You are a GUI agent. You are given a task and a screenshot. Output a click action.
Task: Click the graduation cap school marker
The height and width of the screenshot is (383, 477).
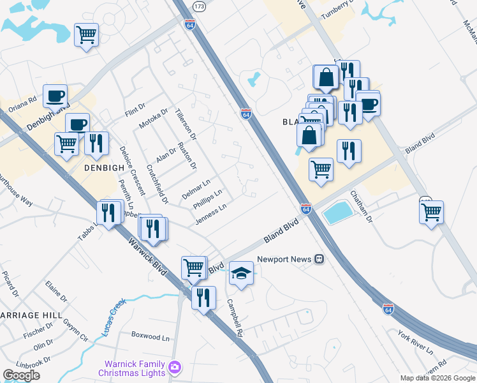(241, 273)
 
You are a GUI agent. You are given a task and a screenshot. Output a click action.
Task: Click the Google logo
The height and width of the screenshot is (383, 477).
(21, 375)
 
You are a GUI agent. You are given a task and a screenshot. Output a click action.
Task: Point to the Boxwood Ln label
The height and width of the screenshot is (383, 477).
(152, 335)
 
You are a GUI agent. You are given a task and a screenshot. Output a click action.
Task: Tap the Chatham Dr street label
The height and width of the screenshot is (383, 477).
(360, 207)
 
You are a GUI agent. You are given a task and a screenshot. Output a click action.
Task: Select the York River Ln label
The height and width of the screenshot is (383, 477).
(415, 343)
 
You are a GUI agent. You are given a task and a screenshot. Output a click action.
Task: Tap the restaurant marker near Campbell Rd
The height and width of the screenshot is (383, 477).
(203, 297)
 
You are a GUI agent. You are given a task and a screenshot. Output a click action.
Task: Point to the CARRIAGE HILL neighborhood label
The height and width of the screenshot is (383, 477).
(31, 316)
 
